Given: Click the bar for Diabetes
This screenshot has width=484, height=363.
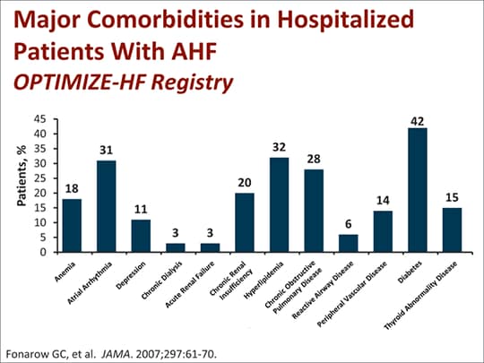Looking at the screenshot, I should pyautogui.click(x=419, y=190).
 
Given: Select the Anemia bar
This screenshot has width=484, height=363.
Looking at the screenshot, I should pyautogui.click(x=73, y=225).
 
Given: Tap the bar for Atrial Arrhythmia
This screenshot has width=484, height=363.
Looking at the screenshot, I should pyautogui.click(x=107, y=206).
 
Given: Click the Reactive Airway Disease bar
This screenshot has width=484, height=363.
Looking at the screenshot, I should pyautogui.click(x=349, y=243).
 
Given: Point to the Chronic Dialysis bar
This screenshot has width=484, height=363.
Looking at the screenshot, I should pyautogui.click(x=176, y=247).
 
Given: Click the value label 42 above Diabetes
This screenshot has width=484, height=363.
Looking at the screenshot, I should pyautogui.click(x=419, y=120).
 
